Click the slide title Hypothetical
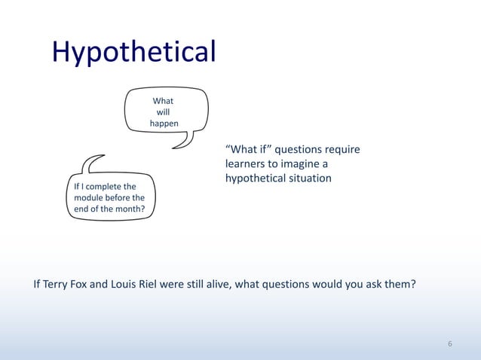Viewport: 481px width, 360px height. pos(133,53)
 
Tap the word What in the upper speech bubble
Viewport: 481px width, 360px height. pos(163,101)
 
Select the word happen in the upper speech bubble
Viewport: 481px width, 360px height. pos(164,124)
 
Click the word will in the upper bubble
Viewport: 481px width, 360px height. pos(163,112)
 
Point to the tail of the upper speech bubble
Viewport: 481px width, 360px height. pos(181,142)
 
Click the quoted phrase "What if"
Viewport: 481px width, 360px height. pos(246,150)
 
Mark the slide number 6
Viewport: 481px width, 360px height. pos(450,344)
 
